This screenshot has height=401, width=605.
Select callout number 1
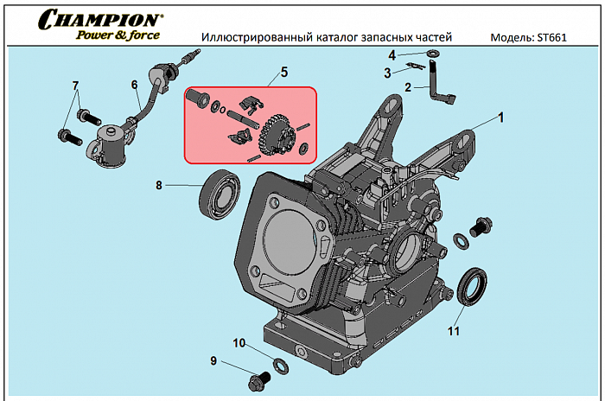pos(499,115)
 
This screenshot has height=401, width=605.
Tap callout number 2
pos(408,87)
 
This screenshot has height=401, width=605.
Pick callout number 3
pos(387,73)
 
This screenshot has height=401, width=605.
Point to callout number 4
pos(392,55)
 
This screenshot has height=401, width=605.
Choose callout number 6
pos(135,85)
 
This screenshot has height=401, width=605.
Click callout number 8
pos(159,184)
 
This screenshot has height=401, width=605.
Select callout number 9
pos(213,360)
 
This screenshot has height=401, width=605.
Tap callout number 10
pos(239,343)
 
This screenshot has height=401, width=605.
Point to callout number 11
pos(453,330)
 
